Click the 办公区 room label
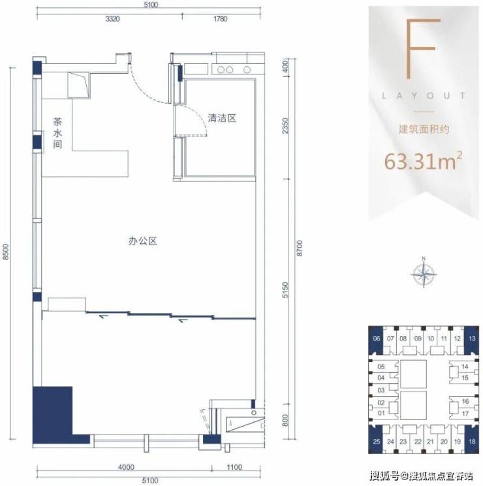click(x=143, y=241)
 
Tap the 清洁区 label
click(x=222, y=118)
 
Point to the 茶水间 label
click(x=57, y=132)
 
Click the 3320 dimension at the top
click(x=113, y=19)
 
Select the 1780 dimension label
click(x=220, y=19)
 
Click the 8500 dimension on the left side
click(x=7, y=252)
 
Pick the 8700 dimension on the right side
click(x=300, y=248)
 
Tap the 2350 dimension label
click(x=285, y=125)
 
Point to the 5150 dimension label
click(x=285, y=290)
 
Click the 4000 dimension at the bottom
click(x=127, y=467)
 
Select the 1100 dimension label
click(x=234, y=467)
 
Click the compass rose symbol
click(x=424, y=274)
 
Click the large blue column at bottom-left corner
click(x=52, y=412)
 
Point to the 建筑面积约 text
click(x=424, y=129)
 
